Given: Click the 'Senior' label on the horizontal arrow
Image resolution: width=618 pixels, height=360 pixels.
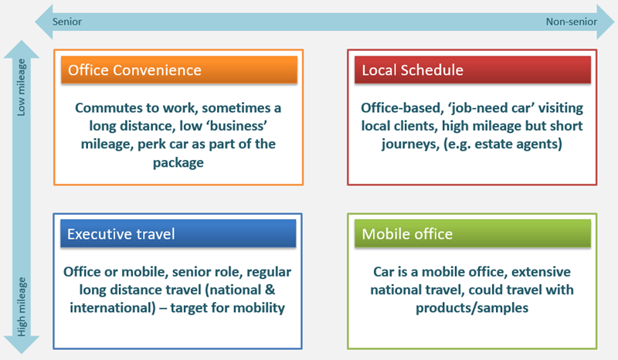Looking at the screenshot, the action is (x=67, y=22).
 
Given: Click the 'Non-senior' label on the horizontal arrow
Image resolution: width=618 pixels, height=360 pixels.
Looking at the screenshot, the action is (x=571, y=22).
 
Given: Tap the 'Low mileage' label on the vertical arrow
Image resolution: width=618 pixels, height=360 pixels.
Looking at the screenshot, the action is (x=21, y=87).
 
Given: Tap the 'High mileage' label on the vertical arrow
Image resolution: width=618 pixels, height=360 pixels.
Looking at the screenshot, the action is (x=22, y=307).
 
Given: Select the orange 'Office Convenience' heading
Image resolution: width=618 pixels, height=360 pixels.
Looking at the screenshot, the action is (x=134, y=70).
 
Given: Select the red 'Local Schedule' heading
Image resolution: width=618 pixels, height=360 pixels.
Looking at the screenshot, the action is (x=413, y=70).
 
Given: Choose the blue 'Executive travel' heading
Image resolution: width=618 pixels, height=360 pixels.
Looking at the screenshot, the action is (x=121, y=234).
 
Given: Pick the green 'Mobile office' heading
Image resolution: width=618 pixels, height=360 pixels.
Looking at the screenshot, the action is (x=407, y=234).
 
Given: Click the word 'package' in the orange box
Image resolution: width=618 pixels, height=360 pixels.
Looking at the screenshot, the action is (x=178, y=162).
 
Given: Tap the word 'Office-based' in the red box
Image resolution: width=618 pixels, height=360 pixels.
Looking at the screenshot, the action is (x=402, y=107).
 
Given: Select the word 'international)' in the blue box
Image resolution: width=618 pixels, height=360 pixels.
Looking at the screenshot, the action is (x=113, y=307).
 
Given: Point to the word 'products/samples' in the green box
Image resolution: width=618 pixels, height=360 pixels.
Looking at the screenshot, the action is (x=472, y=307).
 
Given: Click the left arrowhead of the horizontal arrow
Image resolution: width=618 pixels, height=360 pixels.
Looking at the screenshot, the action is (x=44, y=22).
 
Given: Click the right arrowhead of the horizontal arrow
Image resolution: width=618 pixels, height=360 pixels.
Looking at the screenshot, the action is (x=606, y=22).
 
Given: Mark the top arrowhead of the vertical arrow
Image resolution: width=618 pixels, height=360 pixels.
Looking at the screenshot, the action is (x=22, y=49).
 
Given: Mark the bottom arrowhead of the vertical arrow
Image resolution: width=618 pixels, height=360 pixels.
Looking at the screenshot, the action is (x=22, y=345).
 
